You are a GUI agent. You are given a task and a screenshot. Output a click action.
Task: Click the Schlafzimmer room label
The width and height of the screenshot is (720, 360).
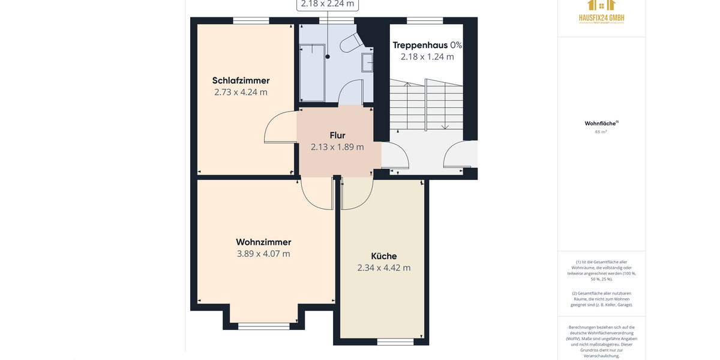(241, 80)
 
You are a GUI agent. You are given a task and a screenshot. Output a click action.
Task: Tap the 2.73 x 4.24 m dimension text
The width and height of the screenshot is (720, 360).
(241, 92)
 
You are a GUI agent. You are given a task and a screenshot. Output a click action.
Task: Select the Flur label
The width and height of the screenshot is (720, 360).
(337, 135)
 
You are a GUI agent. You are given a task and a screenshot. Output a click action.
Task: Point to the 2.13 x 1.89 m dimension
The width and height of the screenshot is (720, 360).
(337, 147)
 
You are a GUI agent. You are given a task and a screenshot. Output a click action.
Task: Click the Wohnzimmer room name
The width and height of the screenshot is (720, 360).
(263, 242)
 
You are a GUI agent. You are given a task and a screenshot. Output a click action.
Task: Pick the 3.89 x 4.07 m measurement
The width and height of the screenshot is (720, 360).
(263, 254)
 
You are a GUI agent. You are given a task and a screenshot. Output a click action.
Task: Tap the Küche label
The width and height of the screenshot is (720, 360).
(383, 256)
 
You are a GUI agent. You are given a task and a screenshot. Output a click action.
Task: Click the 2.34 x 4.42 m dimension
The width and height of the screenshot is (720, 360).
(383, 268)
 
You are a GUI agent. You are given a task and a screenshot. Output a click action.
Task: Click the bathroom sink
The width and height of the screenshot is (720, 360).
(367, 62)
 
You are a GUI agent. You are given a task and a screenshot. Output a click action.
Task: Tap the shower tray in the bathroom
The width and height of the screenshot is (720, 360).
(312, 72)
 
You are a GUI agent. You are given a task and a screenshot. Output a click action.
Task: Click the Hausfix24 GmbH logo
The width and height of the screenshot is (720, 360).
(601, 11)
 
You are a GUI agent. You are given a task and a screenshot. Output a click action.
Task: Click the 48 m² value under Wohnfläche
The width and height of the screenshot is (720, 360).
(601, 132)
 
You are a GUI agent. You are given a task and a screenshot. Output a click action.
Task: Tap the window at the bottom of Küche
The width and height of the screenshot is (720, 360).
(395, 342)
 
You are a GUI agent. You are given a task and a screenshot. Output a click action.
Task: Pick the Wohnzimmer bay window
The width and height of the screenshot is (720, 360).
(263, 326)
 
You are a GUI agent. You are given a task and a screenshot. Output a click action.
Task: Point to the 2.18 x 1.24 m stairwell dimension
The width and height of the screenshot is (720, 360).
(427, 57)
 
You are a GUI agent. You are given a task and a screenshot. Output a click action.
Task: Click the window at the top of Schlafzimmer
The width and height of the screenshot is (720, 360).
(251, 20)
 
